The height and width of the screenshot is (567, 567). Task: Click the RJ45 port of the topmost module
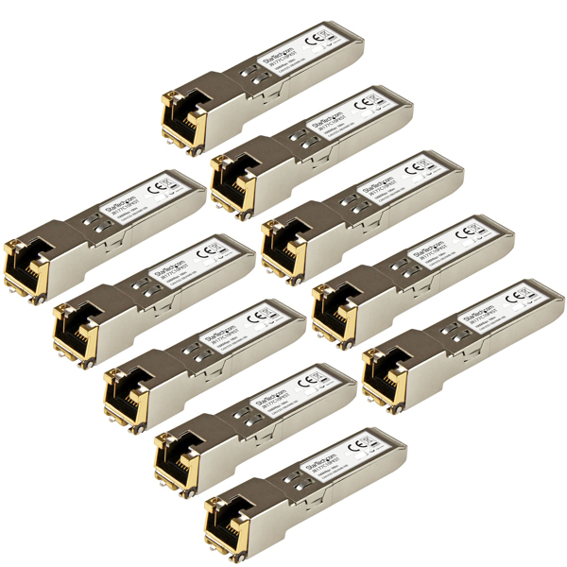pyautogui.click(x=180, y=118)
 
